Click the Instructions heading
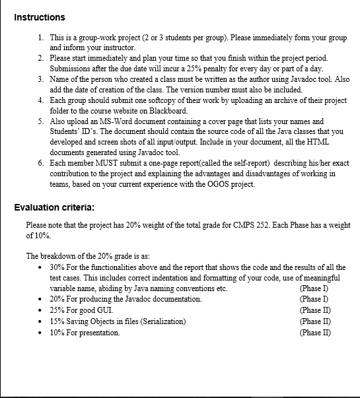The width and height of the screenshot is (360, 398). coord(39,17)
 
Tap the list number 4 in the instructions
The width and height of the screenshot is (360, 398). coord(41,100)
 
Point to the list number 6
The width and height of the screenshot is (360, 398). coord(41,163)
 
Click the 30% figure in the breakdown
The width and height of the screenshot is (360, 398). coord(56,267)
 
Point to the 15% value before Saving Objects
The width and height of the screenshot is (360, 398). coord(56,321)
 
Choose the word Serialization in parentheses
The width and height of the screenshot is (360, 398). coord(162,321)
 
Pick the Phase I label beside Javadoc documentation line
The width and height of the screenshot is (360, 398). coord(314,299)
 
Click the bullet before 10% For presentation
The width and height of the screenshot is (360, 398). coord(42,333)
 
